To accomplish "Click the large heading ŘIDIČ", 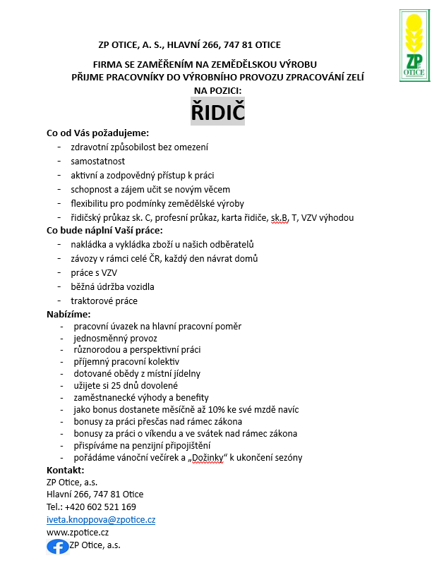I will pos(217,111).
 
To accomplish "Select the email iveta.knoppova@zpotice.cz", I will pos(101,519).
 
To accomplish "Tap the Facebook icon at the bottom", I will pos(58,546).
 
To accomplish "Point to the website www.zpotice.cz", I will pos(78,533).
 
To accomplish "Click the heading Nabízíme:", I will pos(68,314).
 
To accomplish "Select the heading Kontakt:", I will pos(65,470).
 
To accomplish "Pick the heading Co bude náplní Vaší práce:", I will pos(104,230).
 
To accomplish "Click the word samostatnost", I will pos(97,162).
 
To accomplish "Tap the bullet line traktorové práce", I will pos(104,301).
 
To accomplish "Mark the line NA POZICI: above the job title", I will pos(217,90).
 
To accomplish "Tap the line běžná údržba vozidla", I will pos(112,286).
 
